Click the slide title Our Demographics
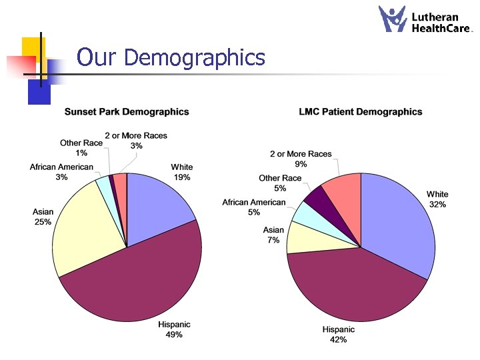point(171,58)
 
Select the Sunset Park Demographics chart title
point(127,112)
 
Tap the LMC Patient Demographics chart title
point(361,112)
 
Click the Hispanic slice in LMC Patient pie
point(353,287)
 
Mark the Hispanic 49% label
point(174,329)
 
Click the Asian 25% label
point(43,217)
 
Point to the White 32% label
point(437,199)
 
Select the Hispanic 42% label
point(339,335)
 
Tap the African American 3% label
point(61,172)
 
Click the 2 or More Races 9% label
point(301,159)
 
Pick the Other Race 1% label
point(81,147)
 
